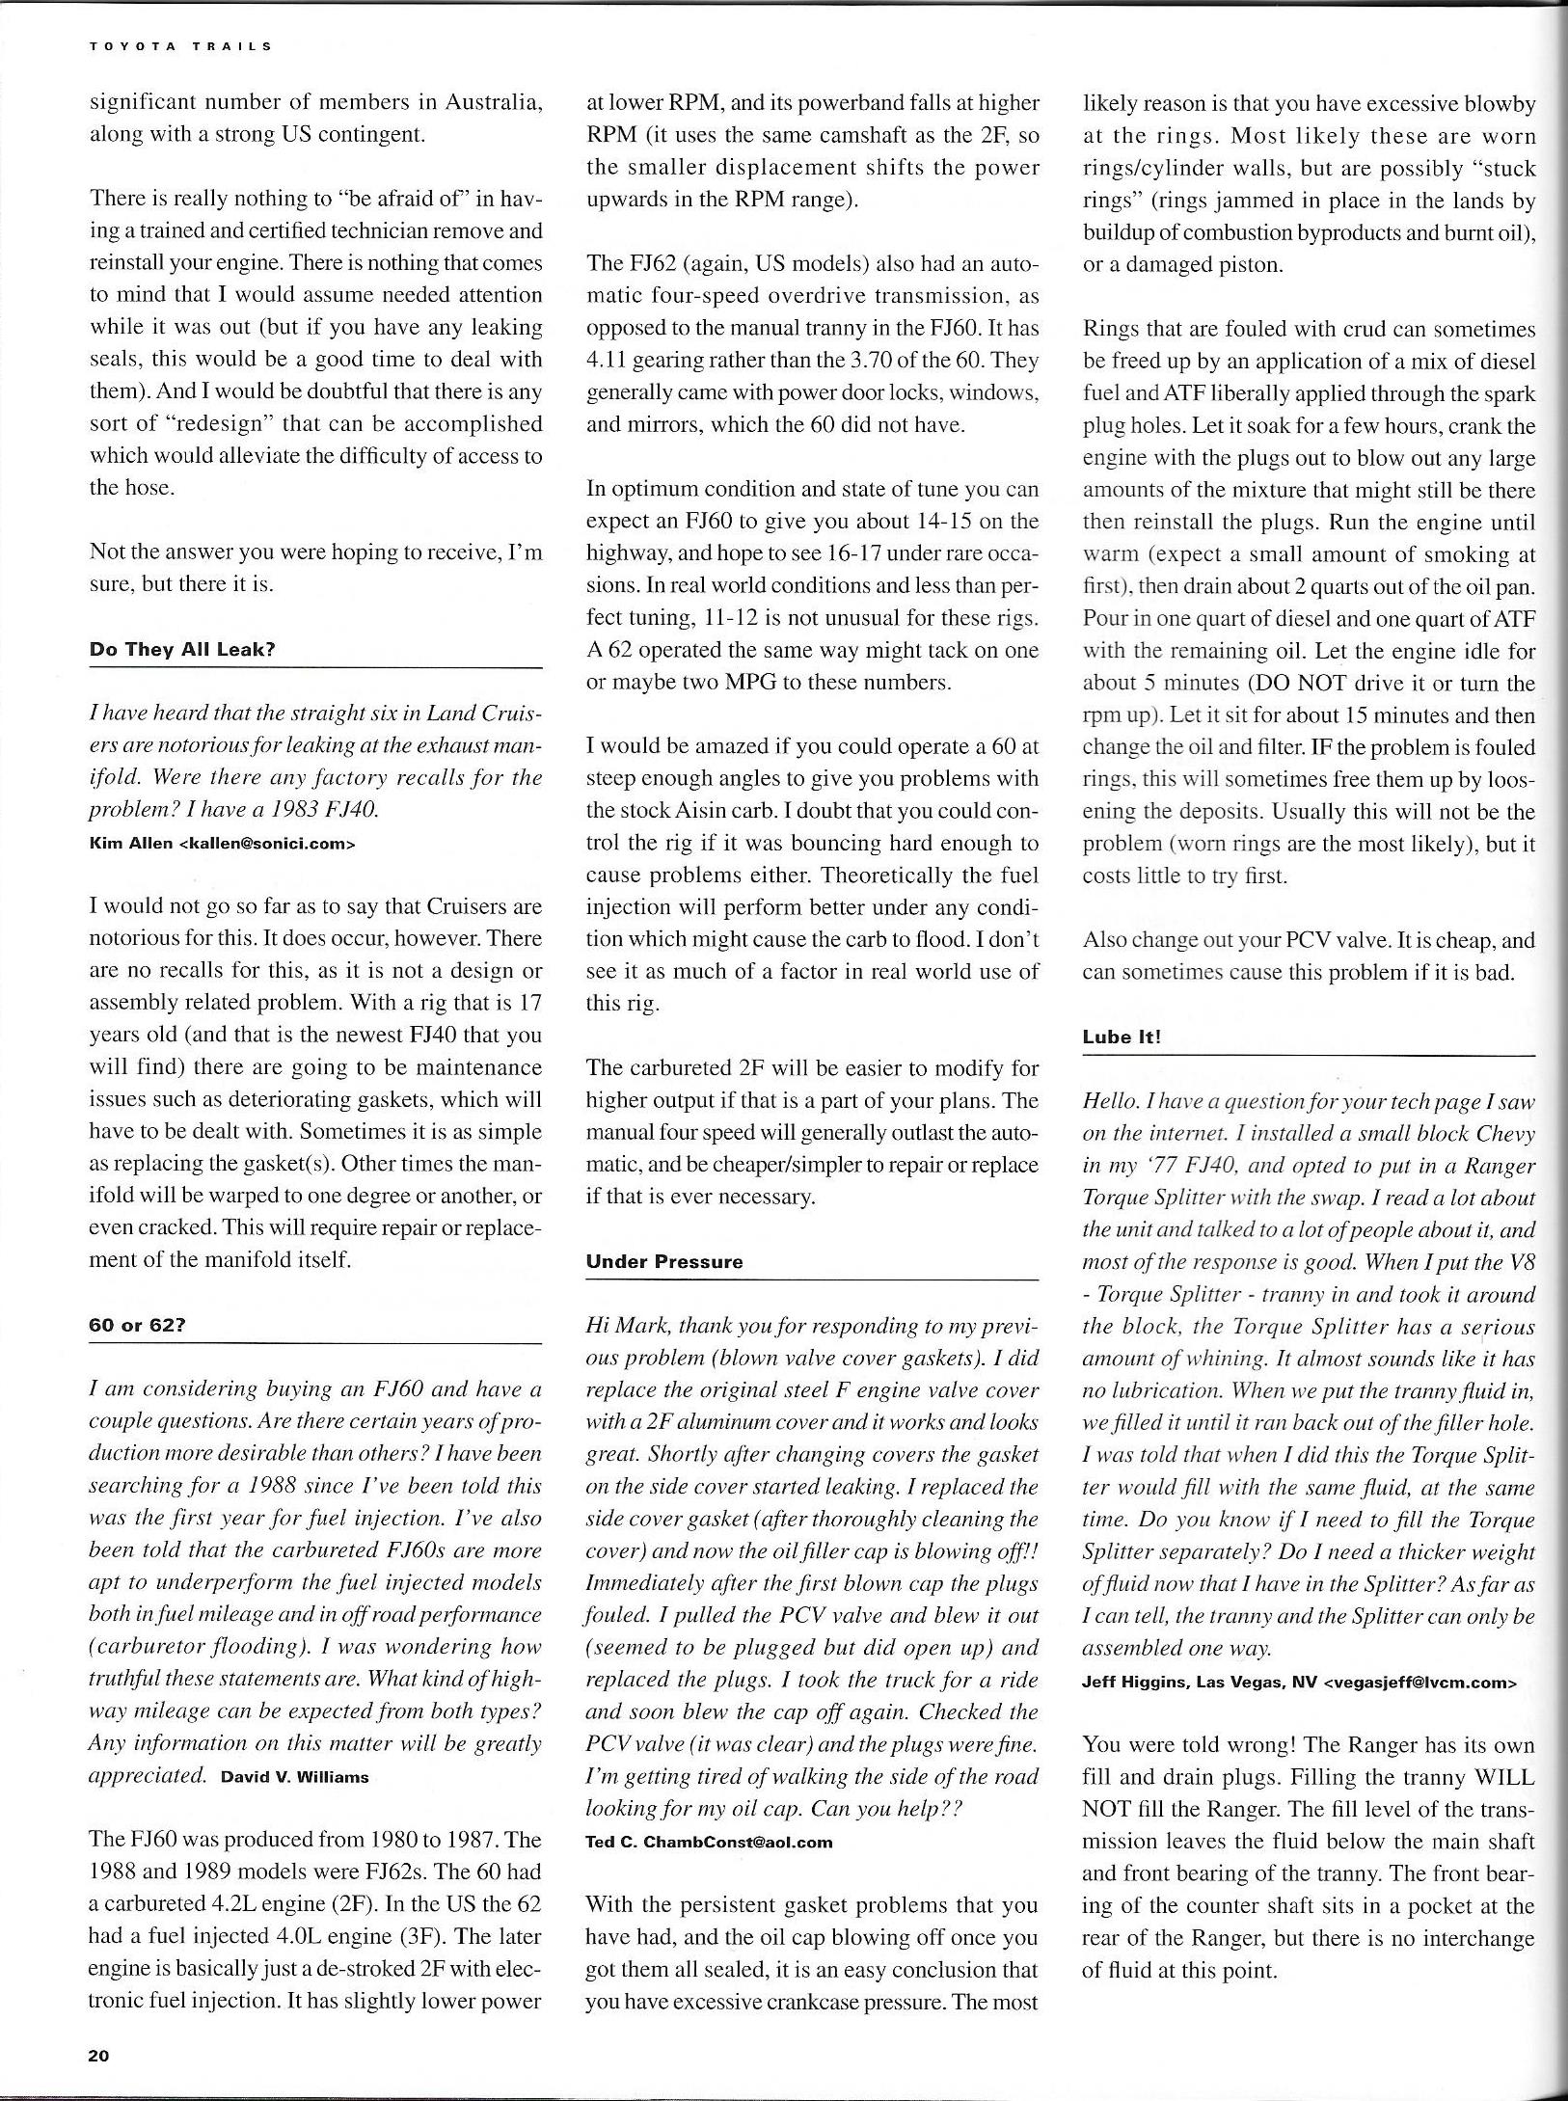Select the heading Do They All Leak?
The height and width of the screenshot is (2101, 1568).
(x=182, y=649)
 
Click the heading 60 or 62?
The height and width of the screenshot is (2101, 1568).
(x=137, y=1324)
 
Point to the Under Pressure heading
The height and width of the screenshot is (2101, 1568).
(x=664, y=1261)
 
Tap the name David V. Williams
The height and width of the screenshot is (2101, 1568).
(x=295, y=1776)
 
